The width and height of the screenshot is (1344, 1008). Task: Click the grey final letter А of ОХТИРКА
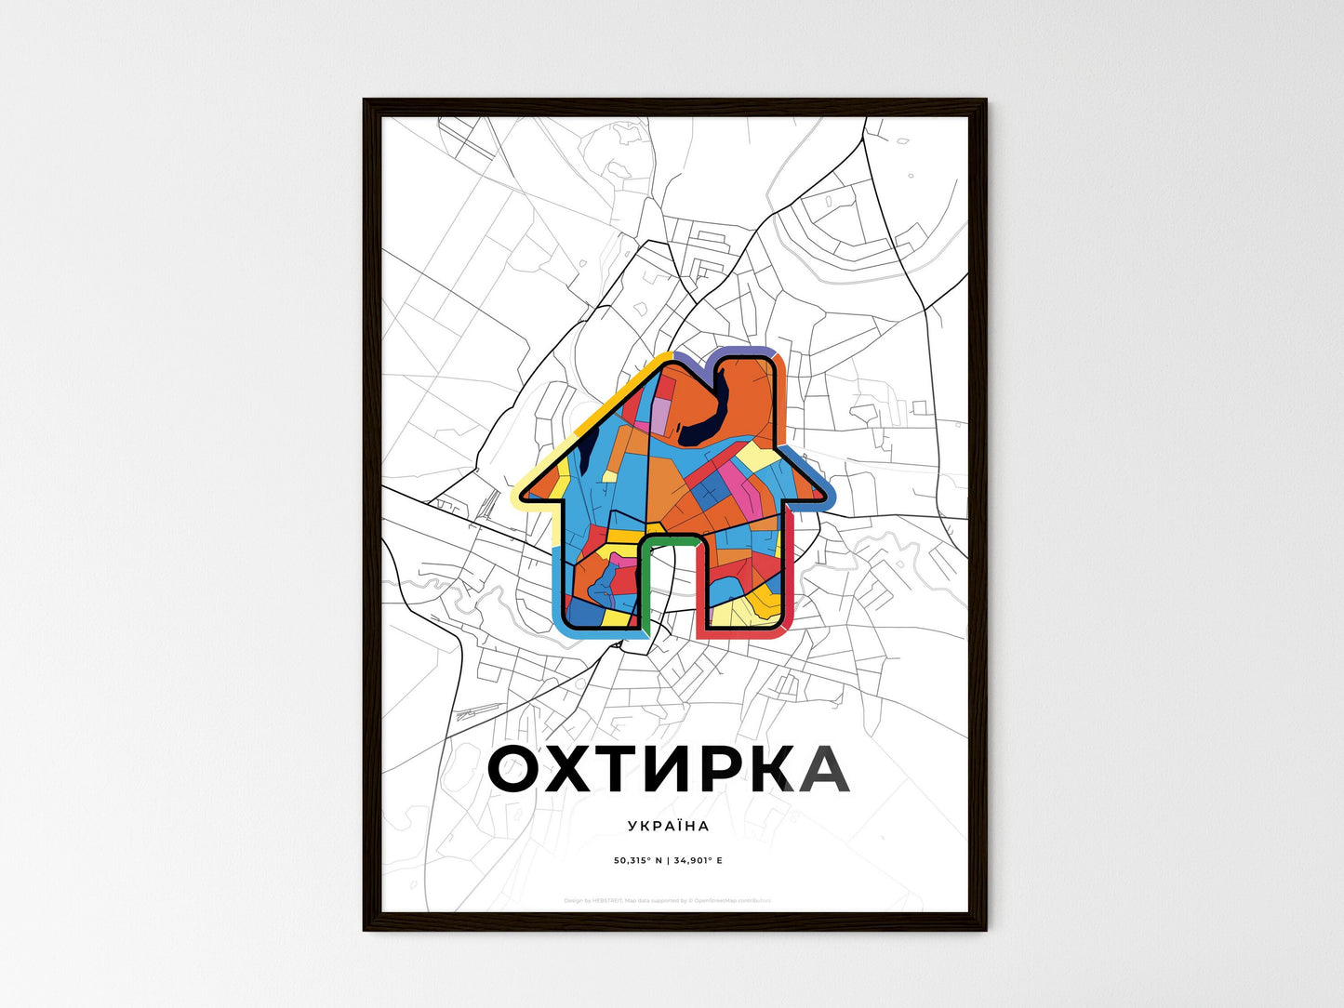pyautogui.click(x=818, y=770)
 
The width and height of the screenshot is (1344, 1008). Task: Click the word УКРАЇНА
pyautogui.click(x=668, y=826)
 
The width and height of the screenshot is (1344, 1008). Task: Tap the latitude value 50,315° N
pyautogui.click(x=638, y=860)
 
